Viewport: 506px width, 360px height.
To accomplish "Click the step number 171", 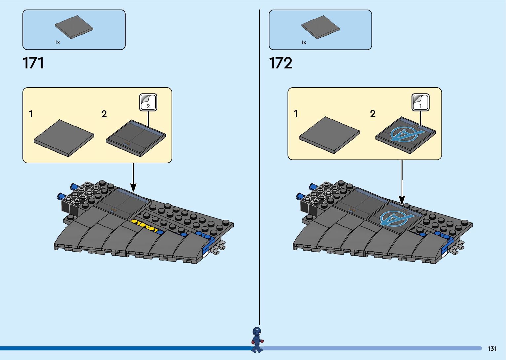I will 33,63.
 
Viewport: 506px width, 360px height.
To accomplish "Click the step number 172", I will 281,63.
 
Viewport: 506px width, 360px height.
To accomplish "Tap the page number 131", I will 492,348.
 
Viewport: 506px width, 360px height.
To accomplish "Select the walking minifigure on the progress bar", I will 257,340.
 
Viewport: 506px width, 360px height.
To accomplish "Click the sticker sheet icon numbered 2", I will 148,102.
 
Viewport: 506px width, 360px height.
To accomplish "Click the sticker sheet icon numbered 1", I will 420,102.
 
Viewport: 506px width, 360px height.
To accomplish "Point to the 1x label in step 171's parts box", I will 57,42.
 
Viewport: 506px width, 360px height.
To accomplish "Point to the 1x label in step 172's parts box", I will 304,42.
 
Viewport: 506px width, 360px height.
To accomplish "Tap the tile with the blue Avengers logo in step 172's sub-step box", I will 406,135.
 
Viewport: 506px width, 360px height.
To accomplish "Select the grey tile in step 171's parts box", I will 74,26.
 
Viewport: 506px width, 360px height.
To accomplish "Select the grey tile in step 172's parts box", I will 320,26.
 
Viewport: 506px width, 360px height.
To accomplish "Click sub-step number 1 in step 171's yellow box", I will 31,114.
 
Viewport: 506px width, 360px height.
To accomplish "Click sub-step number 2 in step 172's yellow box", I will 373,114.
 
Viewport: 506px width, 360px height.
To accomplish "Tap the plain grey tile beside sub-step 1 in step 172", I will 330,135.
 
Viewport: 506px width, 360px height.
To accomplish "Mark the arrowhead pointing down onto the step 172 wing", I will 402,200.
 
